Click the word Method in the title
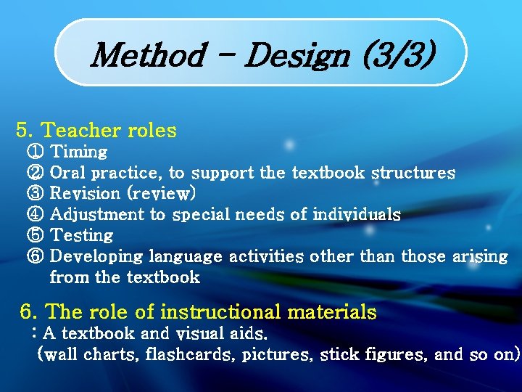tap(149, 54)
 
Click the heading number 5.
tap(25, 131)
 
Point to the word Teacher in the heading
tap(80, 131)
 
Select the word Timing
tap(80, 152)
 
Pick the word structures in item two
tap(413, 173)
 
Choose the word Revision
tap(85, 194)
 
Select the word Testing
tap(82, 235)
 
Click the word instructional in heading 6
tap(221, 312)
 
